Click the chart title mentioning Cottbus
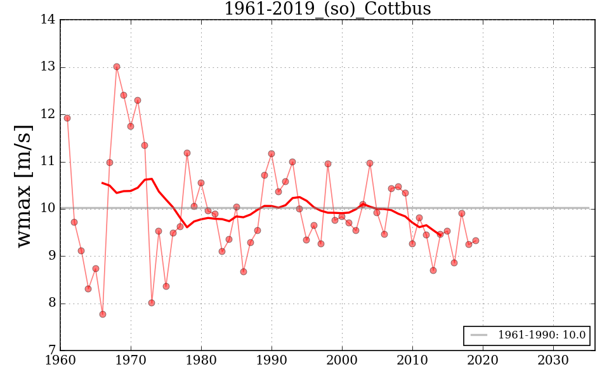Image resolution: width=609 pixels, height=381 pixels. (x=327, y=9)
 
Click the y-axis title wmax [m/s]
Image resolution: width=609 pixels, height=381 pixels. (x=23, y=186)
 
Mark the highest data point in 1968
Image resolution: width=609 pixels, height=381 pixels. (x=117, y=67)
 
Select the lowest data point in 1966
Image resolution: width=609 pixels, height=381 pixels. (x=103, y=314)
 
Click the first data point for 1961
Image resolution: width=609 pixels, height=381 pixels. (x=67, y=118)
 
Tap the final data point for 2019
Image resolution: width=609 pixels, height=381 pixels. (x=476, y=241)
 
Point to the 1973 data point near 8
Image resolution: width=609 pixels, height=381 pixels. (x=152, y=303)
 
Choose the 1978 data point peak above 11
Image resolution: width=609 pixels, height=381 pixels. (x=187, y=153)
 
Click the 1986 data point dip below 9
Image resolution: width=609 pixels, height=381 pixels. (x=244, y=272)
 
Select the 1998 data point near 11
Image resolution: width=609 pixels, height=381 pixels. (x=328, y=164)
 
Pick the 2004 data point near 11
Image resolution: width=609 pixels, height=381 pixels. (x=370, y=163)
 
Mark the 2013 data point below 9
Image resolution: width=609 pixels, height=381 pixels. (x=433, y=271)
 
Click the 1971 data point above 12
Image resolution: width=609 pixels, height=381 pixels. (x=138, y=100)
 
